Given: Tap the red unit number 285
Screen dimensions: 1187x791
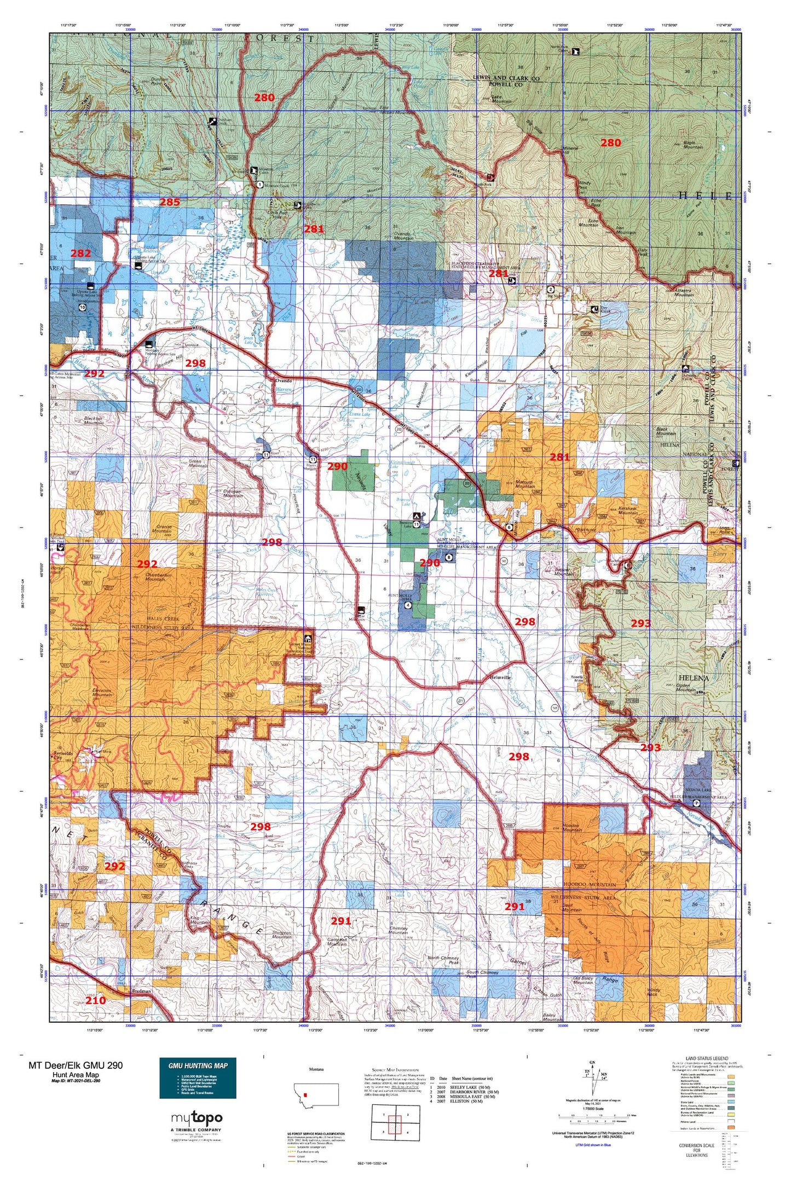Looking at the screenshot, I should pos(169,202).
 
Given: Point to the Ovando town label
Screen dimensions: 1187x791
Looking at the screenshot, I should pos(284,380).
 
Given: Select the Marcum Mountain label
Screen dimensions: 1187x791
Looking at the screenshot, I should pos(525,483).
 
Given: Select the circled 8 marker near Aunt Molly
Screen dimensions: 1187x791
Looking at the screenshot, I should pos(449,558).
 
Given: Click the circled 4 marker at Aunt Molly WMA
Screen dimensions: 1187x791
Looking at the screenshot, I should pos(408,606).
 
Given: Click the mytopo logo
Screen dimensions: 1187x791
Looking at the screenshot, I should pos(197,1118).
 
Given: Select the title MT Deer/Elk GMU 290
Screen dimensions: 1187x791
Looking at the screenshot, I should pos(76,1065).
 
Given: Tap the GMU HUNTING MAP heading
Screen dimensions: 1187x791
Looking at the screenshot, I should pos(198,1065).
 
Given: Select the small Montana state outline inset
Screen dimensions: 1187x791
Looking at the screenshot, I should pos(316,1094).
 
